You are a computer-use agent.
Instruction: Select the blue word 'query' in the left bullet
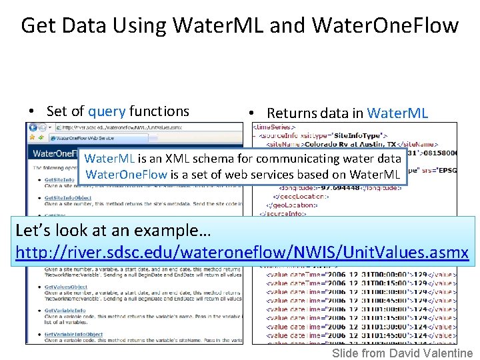click(107, 111)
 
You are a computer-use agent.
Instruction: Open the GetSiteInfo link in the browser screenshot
click(59, 180)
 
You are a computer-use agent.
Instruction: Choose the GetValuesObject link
click(66, 287)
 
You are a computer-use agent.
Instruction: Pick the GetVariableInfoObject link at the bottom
click(73, 334)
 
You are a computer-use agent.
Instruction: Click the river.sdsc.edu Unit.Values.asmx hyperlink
click(242, 253)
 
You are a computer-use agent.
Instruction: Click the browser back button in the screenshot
click(33, 127)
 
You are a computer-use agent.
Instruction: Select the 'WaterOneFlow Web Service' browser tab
click(84, 138)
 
